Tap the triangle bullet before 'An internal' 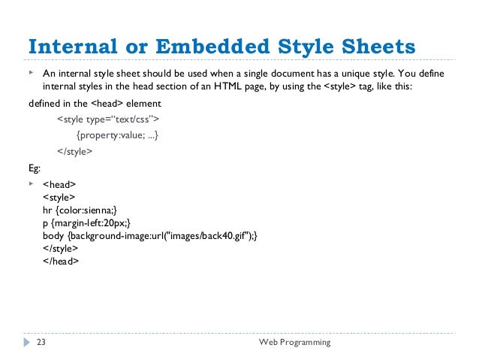32,74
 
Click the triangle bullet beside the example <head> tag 32,183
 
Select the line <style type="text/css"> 107,119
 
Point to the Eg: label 35,167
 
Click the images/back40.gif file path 206,235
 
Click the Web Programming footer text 294,343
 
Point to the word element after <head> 143,103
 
